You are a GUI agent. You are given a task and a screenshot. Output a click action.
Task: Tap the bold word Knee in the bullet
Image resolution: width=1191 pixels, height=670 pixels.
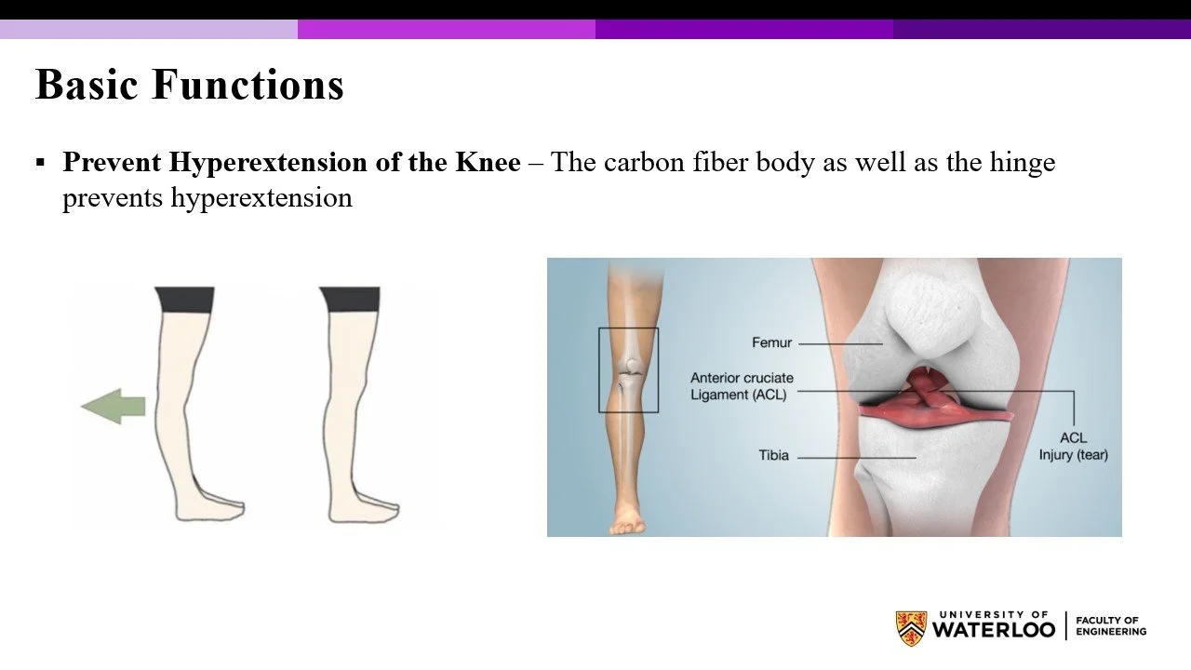[487, 163]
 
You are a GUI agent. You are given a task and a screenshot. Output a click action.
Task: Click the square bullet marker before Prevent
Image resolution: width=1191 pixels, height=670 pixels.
[40, 163]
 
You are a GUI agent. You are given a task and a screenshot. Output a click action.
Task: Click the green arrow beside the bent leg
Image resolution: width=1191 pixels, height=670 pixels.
[114, 407]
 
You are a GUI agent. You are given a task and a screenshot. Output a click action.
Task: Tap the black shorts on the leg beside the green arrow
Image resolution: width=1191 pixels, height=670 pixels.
[185, 299]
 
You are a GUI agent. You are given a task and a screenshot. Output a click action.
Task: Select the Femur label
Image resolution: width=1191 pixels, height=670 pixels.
[771, 342]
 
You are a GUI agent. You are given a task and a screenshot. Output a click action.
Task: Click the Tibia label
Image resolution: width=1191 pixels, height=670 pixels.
[773, 456]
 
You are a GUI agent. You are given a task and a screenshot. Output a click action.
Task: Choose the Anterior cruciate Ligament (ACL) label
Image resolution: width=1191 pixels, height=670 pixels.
[741, 386]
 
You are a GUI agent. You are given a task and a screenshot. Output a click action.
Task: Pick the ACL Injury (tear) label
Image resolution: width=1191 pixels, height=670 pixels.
[1073, 447]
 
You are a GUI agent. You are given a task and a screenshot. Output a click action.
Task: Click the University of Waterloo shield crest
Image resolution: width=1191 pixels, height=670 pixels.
[911, 628]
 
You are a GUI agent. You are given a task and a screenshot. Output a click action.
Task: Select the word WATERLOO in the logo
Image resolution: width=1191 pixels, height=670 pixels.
[994, 630]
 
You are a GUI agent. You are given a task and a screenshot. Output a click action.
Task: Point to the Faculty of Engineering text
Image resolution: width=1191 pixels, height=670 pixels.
[1110, 625]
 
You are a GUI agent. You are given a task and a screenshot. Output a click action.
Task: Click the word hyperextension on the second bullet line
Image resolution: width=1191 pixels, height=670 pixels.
[261, 198]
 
